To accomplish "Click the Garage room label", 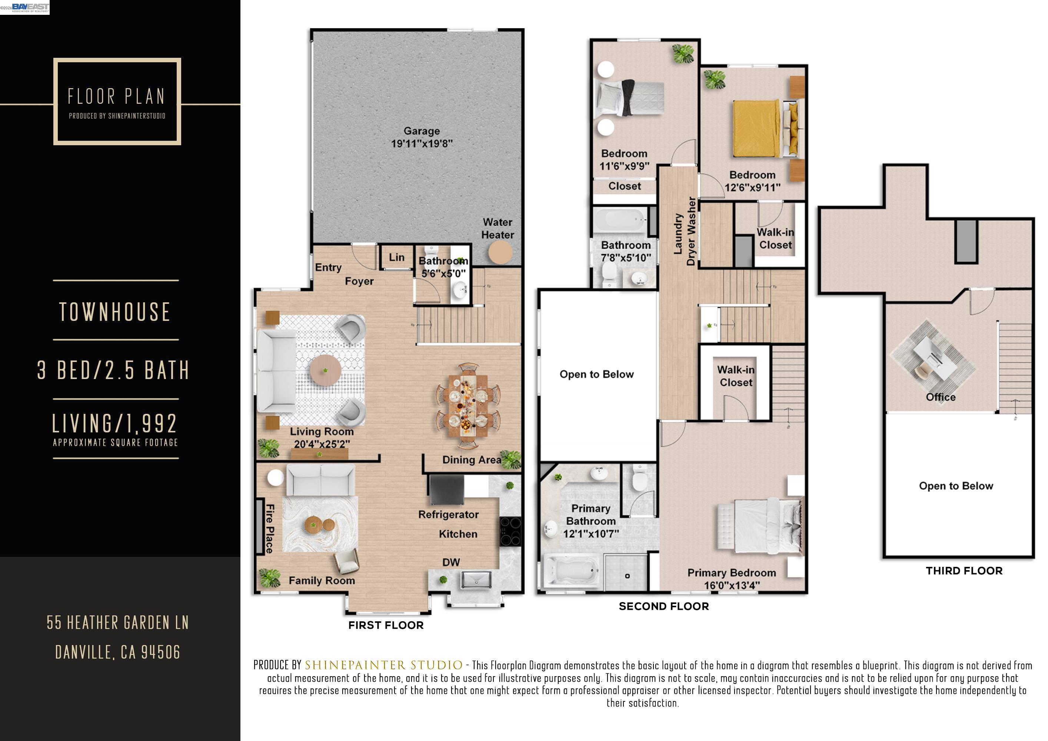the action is coord(421,131).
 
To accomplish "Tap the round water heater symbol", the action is coord(500,252).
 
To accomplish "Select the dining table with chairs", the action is coord(468,404).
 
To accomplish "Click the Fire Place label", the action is coord(270,529).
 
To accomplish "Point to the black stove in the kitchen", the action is coord(510,531).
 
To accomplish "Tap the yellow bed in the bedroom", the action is coord(757,129).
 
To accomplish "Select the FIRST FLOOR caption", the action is coord(386,625).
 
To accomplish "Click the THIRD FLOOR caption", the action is coord(964,571).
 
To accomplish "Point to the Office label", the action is coord(940,397).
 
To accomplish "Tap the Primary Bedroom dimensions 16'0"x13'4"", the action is coord(732,585).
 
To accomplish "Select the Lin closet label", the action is coord(397,257).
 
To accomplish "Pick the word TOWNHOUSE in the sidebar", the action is coord(115,312).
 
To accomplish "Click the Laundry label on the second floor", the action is coord(678,233).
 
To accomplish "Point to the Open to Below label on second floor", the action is coord(596,374).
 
